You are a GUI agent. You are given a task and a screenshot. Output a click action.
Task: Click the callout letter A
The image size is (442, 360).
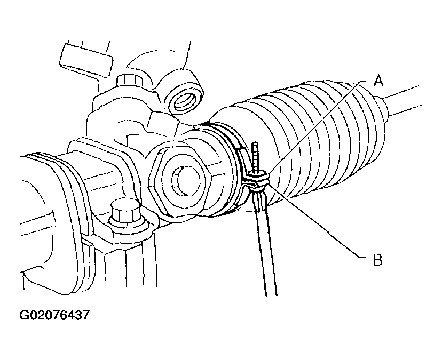(378, 81)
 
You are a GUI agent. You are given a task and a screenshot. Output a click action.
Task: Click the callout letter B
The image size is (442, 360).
(377, 259)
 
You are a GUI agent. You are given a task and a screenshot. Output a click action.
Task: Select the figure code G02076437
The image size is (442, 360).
(54, 315)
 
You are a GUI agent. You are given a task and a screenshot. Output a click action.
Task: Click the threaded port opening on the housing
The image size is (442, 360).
(184, 102)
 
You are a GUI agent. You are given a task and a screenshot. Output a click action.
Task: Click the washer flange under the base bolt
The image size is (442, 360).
(128, 226)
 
